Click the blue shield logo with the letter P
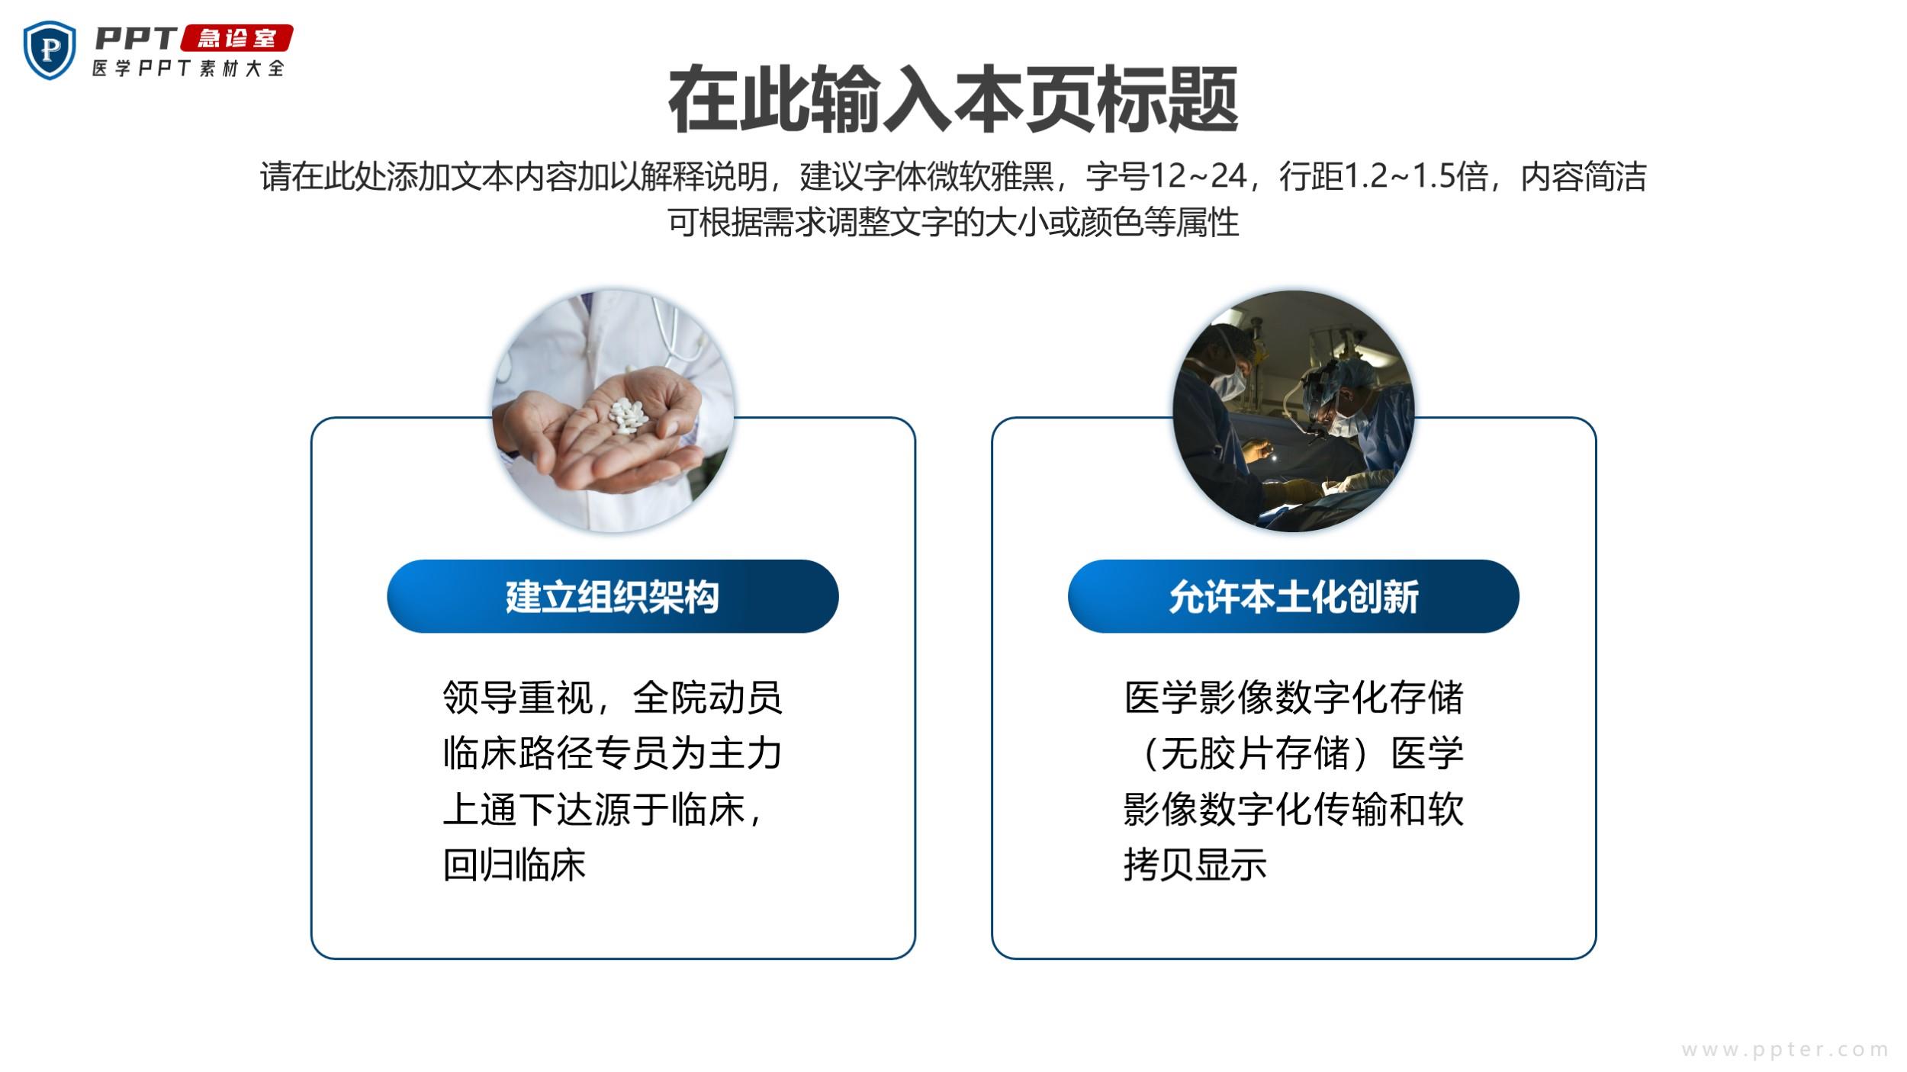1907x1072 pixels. click(50, 50)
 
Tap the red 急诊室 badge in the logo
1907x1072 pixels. click(237, 38)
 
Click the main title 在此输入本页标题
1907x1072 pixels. click(953, 100)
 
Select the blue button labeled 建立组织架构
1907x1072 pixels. click(613, 596)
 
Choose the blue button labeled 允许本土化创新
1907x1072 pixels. click(1293, 596)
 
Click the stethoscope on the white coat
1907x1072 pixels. click(675, 335)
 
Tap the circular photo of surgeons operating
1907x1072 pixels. click(1293, 411)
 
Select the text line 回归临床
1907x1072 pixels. click(514, 865)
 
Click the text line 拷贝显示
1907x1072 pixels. click(1195, 865)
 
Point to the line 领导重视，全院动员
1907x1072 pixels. click(613, 697)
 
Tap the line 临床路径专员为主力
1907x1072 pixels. click(613, 753)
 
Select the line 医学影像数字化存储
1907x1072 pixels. click(1293, 697)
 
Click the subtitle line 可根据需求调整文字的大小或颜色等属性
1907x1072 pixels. click(953, 222)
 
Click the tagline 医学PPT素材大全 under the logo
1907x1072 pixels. click(188, 68)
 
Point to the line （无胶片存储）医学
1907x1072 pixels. click(1293, 753)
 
